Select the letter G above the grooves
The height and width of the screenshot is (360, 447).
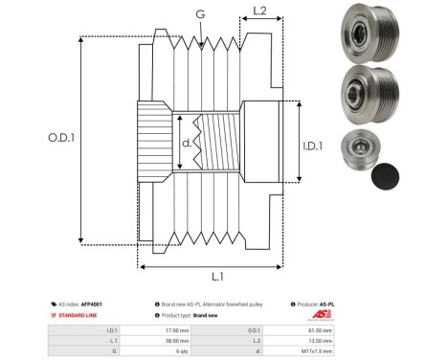200,14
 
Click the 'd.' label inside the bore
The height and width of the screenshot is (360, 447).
187,144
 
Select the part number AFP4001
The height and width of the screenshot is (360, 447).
92,304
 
